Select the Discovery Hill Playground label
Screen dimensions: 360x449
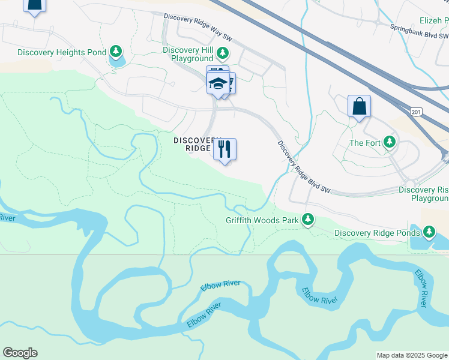[x=188, y=54]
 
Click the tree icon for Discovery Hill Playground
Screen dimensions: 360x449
[x=223, y=53]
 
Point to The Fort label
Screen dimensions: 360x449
[x=365, y=143]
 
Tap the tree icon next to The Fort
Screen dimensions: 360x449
[x=390, y=142]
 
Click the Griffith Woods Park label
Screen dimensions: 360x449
[x=262, y=220]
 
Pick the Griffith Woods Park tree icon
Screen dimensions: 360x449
[x=309, y=220]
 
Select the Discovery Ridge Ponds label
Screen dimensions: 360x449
[x=377, y=233]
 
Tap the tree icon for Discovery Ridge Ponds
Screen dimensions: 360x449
[x=429, y=232]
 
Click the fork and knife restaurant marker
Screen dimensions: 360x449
[x=225, y=149]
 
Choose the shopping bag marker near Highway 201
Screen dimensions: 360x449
[x=359, y=107]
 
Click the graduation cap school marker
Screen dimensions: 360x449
[x=219, y=84]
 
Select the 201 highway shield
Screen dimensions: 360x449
[x=415, y=112]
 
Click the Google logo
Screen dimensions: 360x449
[x=20, y=353]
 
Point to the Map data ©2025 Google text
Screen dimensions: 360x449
[x=411, y=355]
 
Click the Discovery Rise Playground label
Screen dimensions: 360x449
[x=423, y=194]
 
